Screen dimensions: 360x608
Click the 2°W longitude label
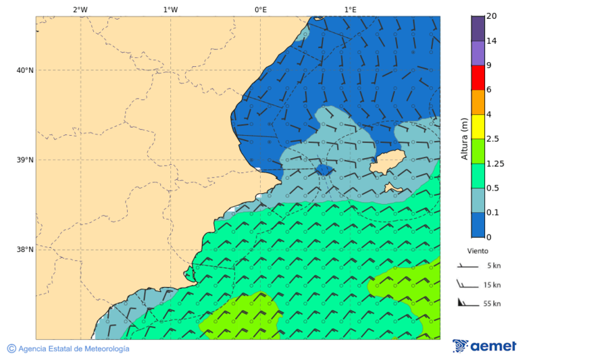click(80, 9)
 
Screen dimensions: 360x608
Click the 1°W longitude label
click(170, 9)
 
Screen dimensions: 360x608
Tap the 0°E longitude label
click(260, 9)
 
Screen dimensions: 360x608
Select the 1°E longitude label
click(350, 9)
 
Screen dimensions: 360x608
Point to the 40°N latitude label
click(24, 70)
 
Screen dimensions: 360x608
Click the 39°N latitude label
click(24, 160)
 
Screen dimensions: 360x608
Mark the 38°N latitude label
click(24, 249)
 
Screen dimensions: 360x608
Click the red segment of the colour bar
click(478, 78)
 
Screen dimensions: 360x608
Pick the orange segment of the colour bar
click(478, 102)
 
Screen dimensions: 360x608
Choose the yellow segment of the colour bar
click(478, 126)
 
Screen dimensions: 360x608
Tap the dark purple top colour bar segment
click(478, 28)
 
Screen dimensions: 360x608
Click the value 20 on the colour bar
click(492, 16)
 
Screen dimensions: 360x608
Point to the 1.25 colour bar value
click(495, 163)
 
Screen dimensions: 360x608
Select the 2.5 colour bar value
click(492, 139)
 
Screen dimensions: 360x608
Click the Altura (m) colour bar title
click(464, 138)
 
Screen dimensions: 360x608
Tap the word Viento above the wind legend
click(478, 251)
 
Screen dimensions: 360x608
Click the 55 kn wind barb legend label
click(492, 304)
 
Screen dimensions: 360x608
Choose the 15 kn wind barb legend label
click(492, 285)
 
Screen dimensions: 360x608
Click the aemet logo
click(484, 346)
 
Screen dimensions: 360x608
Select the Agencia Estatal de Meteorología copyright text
click(68, 349)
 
